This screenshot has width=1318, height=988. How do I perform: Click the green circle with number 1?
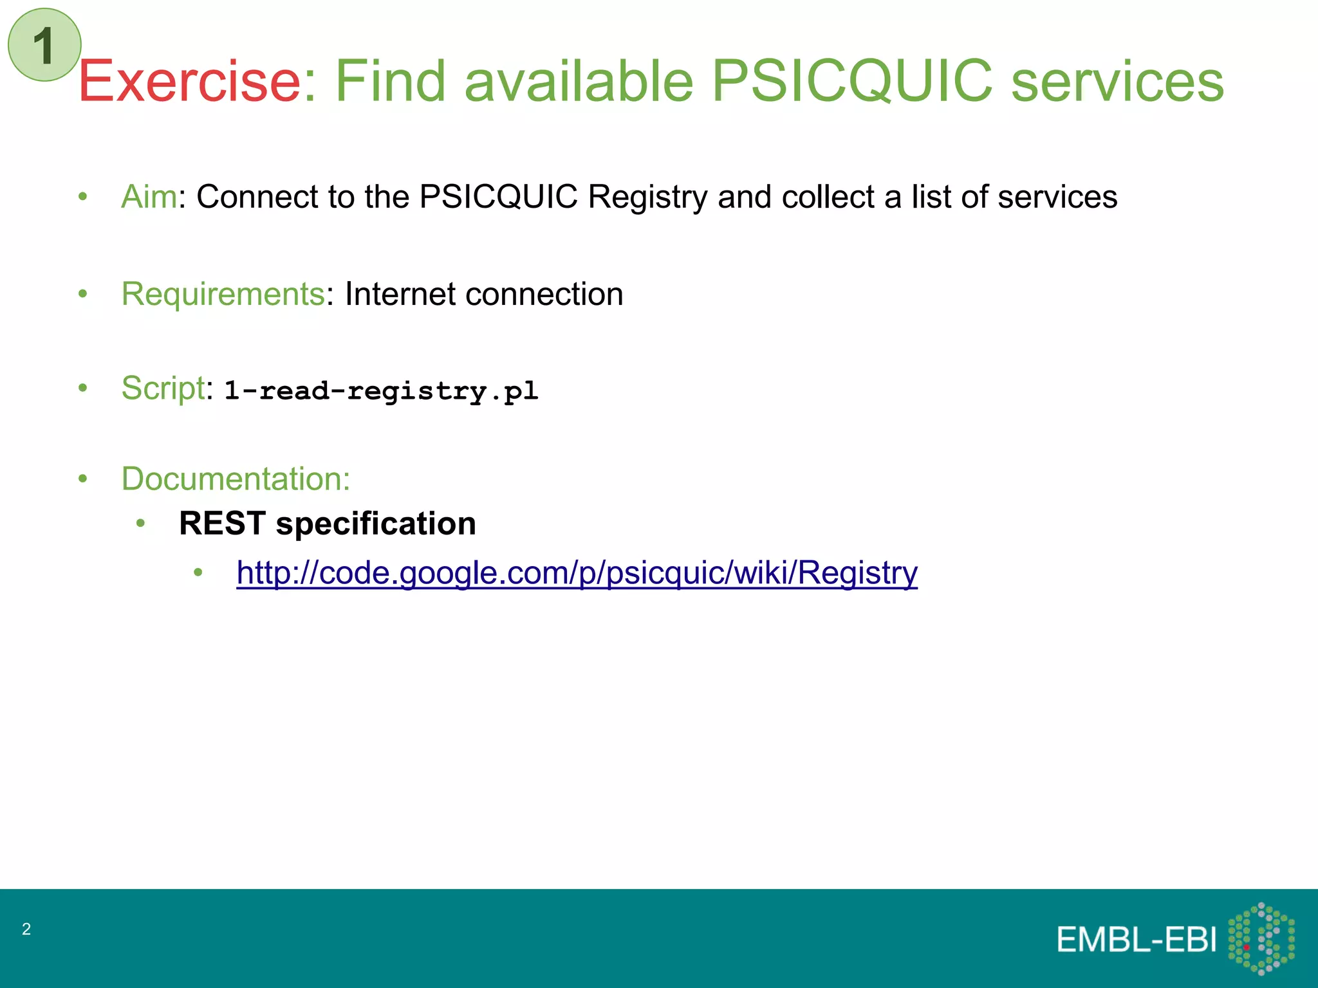(44, 45)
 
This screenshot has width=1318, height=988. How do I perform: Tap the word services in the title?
(1117, 81)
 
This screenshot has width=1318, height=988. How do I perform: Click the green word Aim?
(149, 197)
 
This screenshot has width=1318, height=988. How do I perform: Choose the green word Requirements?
(223, 295)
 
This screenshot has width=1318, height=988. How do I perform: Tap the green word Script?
(163, 389)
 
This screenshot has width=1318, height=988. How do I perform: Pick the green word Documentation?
(236, 479)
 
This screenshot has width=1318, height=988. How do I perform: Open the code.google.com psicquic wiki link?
(577, 572)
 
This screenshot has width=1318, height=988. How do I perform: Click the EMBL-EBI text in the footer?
(1137, 940)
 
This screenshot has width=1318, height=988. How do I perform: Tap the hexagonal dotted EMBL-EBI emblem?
(1261, 938)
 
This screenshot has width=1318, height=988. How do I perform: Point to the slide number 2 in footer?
(26, 929)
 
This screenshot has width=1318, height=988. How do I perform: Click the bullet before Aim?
(82, 197)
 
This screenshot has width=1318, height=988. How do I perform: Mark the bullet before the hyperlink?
(198, 572)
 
